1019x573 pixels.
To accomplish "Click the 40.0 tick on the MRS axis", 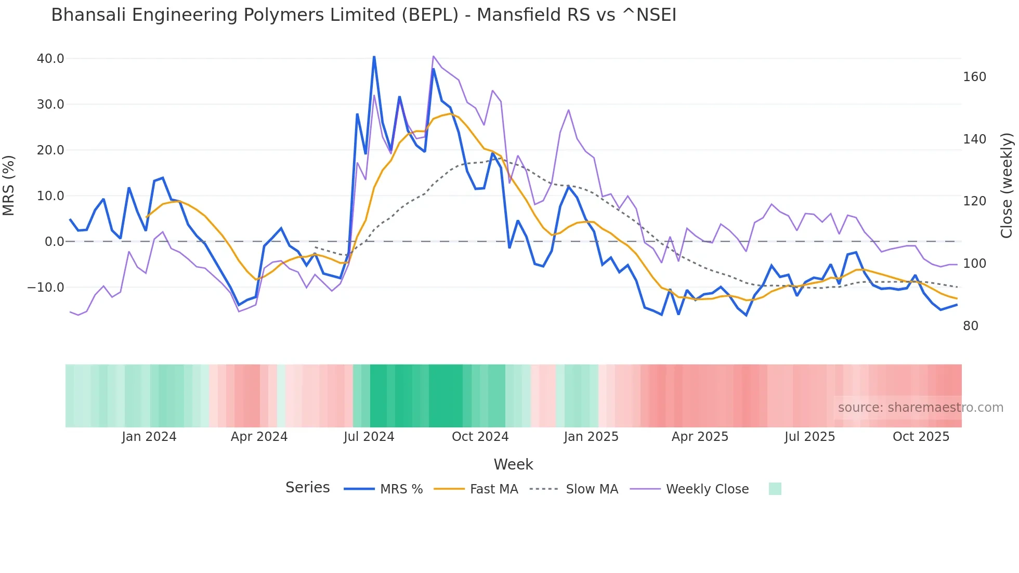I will click(x=50, y=59).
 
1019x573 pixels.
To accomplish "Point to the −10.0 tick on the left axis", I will click(x=46, y=288).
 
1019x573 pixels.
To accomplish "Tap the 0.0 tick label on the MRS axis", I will click(x=54, y=242).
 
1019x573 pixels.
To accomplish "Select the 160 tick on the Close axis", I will click(x=974, y=77).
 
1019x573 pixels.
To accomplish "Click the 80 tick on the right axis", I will click(x=971, y=326).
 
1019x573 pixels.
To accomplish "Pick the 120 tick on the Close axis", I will click(x=974, y=201).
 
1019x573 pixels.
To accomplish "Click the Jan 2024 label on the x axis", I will click(x=149, y=437).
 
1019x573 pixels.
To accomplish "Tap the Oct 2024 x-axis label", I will click(x=480, y=437).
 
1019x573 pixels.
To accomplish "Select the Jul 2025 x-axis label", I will click(x=809, y=437).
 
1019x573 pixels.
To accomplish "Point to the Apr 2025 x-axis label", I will click(x=700, y=437).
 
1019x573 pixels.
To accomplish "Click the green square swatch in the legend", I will click(x=775, y=489).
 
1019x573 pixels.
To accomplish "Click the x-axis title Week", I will click(x=513, y=464).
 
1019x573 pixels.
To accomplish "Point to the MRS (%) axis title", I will click(x=9, y=186).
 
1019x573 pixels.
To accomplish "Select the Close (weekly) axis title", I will click(x=1007, y=186).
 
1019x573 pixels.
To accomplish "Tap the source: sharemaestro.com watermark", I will click(x=920, y=408).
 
